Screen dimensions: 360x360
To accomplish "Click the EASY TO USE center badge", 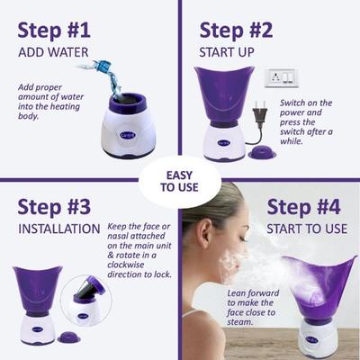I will coord(180,181).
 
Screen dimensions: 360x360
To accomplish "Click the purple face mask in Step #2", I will coord(223,90).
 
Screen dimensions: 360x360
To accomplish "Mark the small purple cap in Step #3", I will coord(67,338).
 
